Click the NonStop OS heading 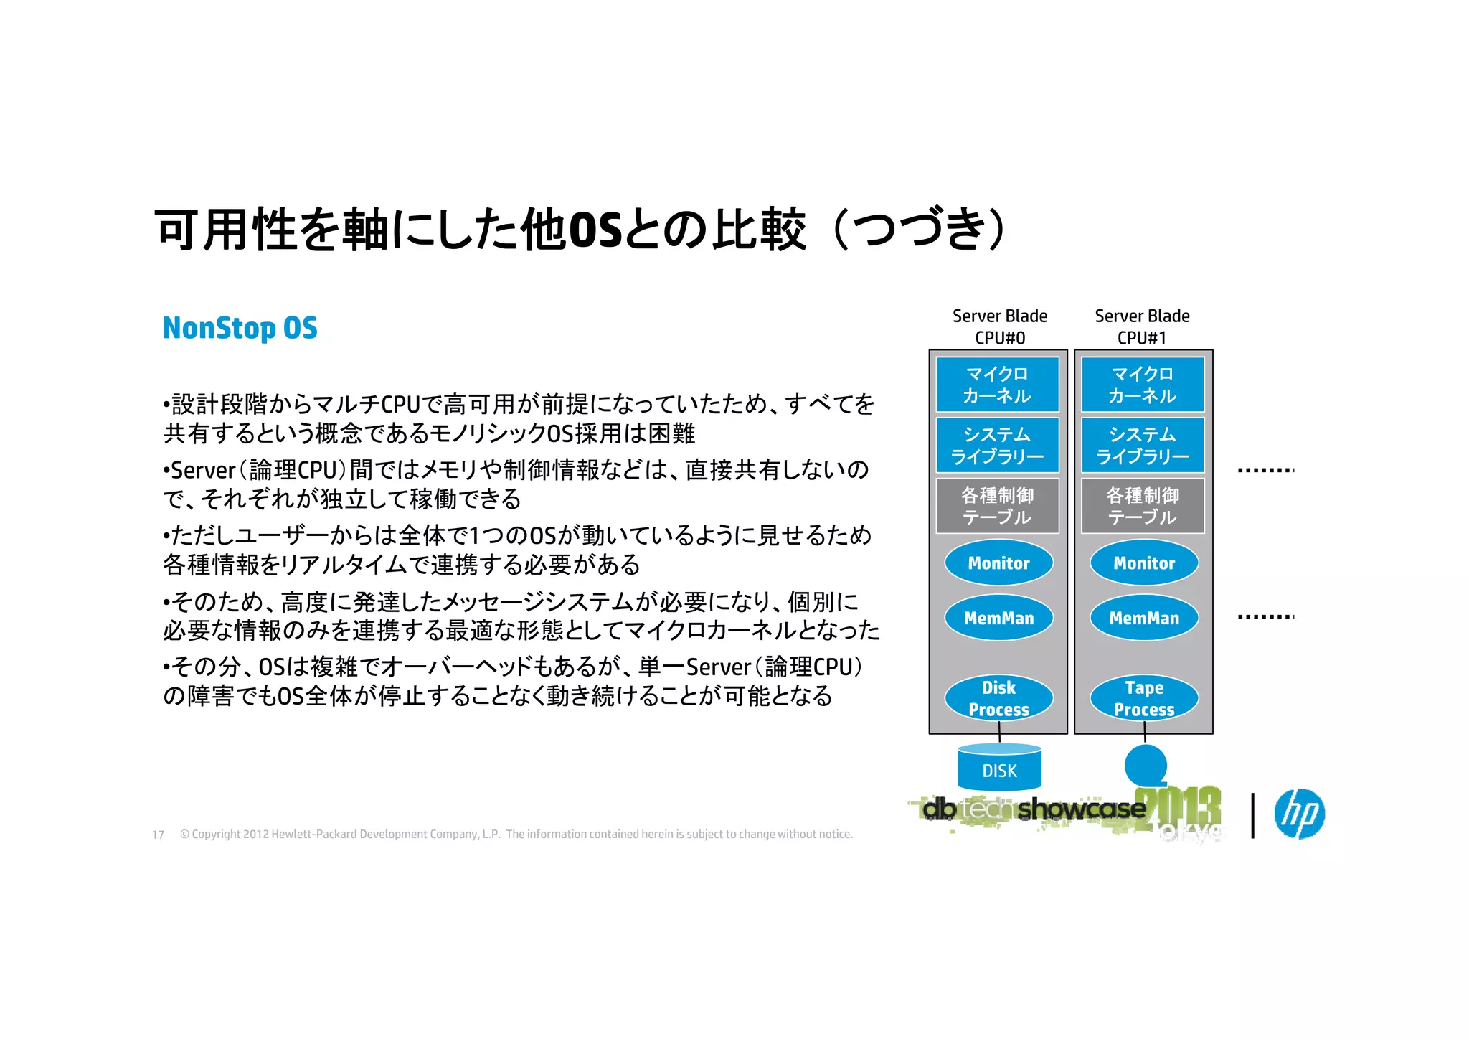coord(240,328)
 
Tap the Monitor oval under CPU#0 coord(998,563)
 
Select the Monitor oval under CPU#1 coord(1144,563)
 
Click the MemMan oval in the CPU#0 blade coord(998,618)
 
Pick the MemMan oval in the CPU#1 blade coord(1144,618)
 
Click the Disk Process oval coord(998,698)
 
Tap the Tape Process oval coord(1144,698)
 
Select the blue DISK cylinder coord(999,769)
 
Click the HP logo coord(1299,814)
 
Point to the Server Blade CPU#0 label coord(999,326)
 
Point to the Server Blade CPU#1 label coord(1142,326)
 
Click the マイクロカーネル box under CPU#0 coord(997,385)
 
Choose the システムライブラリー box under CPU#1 coord(1143,445)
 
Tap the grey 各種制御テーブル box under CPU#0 coord(997,506)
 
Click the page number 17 coord(158,835)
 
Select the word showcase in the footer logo coord(1081,809)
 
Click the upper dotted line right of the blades coord(1265,470)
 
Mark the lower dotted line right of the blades coord(1265,616)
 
